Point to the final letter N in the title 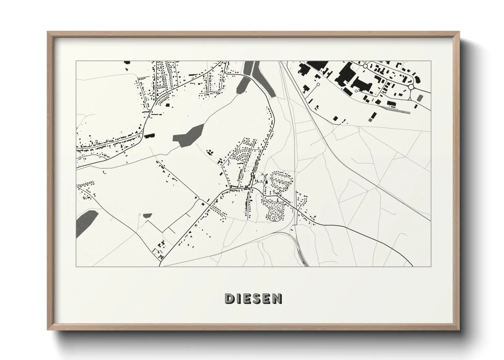tap(278, 298)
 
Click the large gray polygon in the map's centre tap(188, 136)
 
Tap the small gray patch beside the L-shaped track tap(147, 215)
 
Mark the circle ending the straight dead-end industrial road tap(318, 84)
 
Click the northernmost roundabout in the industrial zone tap(365, 65)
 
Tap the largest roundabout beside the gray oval tap(411, 87)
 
